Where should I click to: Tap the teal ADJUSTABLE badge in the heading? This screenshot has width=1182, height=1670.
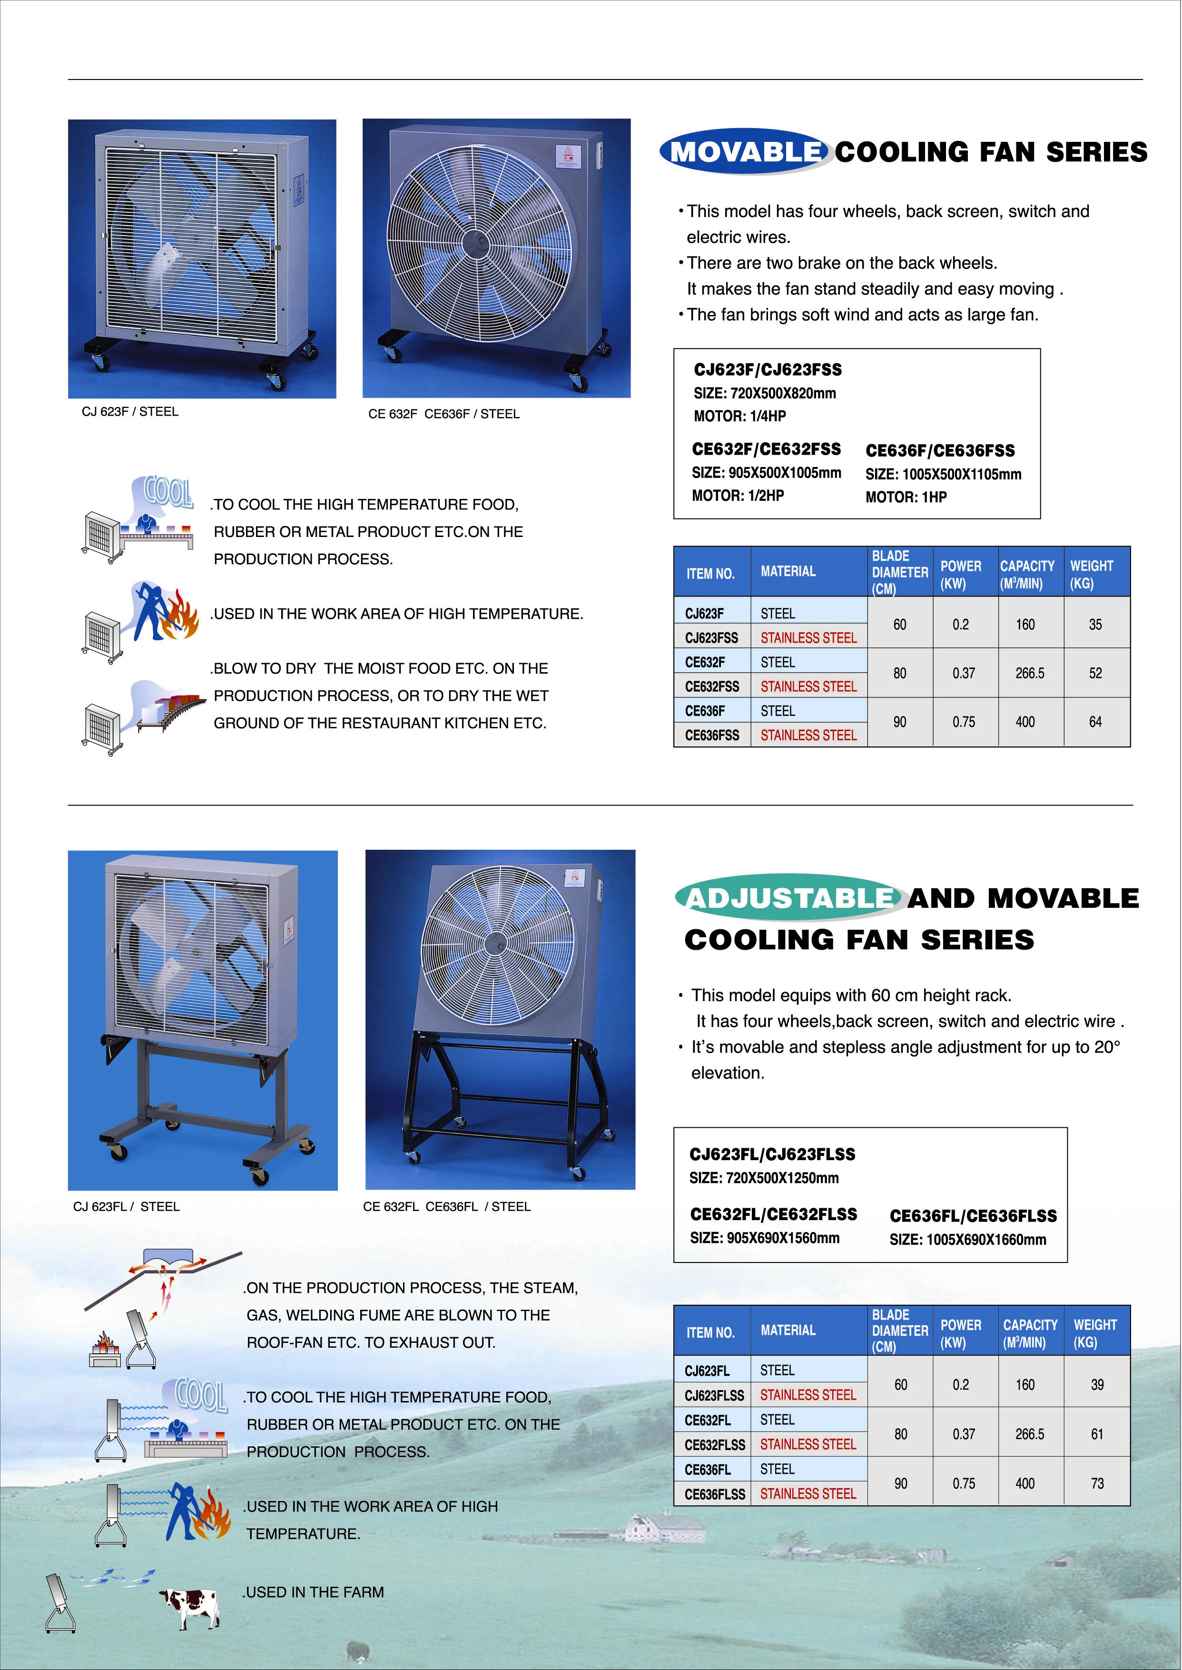pyautogui.click(x=790, y=898)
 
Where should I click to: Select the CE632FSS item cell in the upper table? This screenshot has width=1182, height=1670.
pyautogui.click(x=712, y=686)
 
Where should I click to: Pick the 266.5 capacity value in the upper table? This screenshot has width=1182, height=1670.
pyautogui.click(x=1030, y=674)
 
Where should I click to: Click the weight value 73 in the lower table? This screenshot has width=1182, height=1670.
pyautogui.click(x=1097, y=1484)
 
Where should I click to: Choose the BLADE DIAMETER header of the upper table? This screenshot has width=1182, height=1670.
pyautogui.click(x=900, y=572)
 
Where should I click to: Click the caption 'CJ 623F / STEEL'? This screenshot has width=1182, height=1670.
pyautogui.click(x=130, y=412)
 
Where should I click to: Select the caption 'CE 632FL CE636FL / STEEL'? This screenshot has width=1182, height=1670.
pyautogui.click(x=447, y=1206)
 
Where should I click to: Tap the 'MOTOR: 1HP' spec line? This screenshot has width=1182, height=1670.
pyautogui.click(x=906, y=497)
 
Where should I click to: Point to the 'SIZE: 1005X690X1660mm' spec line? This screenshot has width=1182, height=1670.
pyautogui.click(x=967, y=1239)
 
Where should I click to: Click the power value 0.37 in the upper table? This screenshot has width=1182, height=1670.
pyautogui.click(x=964, y=674)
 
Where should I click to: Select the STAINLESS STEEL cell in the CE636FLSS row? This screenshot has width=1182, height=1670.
pyautogui.click(x=808, y=1494)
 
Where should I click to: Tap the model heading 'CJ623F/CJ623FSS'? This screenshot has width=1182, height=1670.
pyautogui.click(x=767, y=370)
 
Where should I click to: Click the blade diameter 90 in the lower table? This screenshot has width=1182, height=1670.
pyautogui.click(x=900, y=1484)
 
